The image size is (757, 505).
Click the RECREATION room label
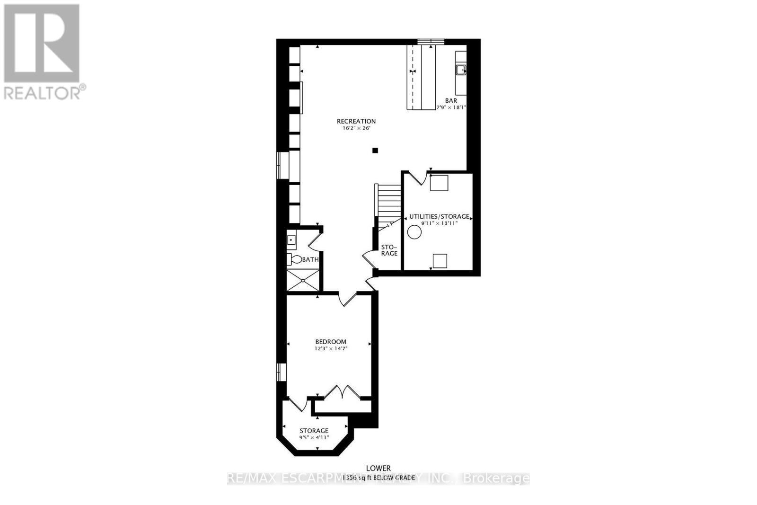[x=356, y=121]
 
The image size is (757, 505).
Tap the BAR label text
[x=451, y=101]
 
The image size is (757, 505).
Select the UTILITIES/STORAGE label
[x=439, y=216]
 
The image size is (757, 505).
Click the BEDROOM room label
[x=331, y=342]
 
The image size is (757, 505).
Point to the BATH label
[x=310, y=259]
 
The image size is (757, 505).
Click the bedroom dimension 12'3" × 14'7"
[x=331, y=348]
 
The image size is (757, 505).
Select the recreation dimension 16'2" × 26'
[x=356, y=128]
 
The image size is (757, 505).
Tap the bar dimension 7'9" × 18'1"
[x=451, y=107]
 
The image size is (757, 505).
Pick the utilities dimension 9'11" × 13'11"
[x=440, y=223]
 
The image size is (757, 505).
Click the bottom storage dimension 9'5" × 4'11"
[x=314, y=437]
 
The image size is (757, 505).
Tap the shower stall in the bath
[x=303, y=280]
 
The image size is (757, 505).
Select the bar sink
[x=460, y=70]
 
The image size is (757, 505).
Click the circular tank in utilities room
[x=415, y=232]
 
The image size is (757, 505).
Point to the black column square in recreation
[x=375, y=151]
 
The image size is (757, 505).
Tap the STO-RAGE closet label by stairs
[x=389, y=250]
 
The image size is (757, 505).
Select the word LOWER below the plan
[x=378, y=469]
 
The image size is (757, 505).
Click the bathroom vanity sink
[x=291, y=240]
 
